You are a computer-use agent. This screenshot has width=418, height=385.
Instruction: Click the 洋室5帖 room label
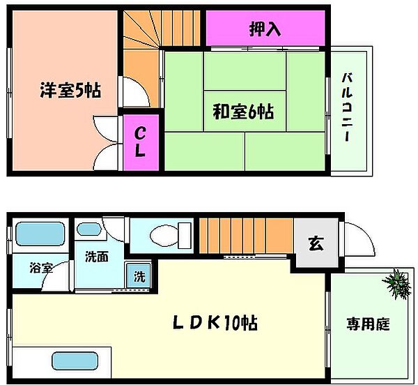click(x=70, y=90)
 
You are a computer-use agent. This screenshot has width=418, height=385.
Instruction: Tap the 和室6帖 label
click(x=242, y=111)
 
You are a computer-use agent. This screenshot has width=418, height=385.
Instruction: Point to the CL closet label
click(x=140, y=141)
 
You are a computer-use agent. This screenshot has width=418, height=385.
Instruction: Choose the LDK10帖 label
click(x=215, y=323)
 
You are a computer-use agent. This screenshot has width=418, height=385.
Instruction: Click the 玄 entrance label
click(x=315, y=243)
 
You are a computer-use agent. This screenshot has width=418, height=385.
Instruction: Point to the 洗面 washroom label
click(x=97, y=257)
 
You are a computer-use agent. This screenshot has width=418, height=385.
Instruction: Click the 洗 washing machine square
click(x=139, y=275)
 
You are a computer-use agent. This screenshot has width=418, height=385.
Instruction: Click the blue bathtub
click(x=39, y=234)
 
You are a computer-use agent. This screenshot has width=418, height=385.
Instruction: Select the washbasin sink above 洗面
click(x=88, y=229)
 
